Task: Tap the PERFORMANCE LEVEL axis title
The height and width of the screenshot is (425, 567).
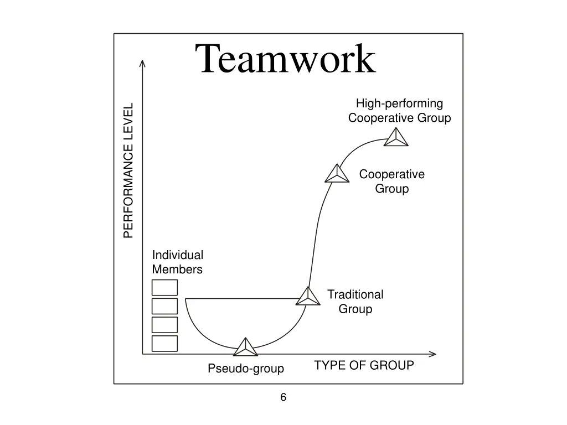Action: (128, 170)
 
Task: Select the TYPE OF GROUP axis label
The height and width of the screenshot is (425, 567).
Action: (364, 365)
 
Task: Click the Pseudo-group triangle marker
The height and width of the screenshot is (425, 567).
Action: (245, 347)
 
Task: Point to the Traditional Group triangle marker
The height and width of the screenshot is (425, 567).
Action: (308, 297)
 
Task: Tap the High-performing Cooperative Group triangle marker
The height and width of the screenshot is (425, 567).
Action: (396, 138)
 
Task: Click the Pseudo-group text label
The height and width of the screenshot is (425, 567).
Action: (246, 369)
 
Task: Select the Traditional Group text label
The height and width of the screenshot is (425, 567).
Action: (355, 302)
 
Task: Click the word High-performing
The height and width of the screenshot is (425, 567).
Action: (399, 103)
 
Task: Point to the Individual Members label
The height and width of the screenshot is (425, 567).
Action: (178, 262)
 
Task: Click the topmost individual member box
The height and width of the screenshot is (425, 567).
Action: (165, 288)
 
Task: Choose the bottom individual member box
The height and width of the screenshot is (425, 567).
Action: (165, 344)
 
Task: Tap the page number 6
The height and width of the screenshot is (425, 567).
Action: (283, 397)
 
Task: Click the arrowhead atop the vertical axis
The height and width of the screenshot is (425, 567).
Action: (142, 63)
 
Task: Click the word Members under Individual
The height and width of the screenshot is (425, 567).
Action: (177, 269)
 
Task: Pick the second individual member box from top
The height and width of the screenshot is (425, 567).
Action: (165, 306)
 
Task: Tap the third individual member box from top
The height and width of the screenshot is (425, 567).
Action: (165, 325)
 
